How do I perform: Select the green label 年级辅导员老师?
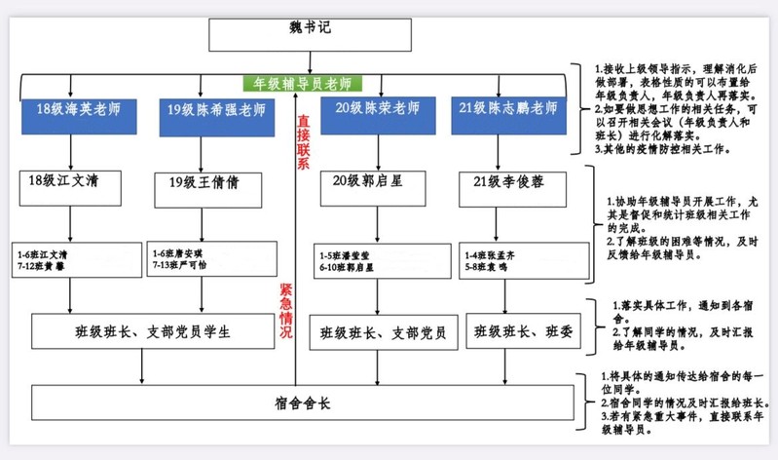[302, 84]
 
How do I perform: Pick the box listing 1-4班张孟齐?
[509, 260]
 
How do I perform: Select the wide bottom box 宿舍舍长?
[301, 402]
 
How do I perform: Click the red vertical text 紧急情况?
[285, 311]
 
